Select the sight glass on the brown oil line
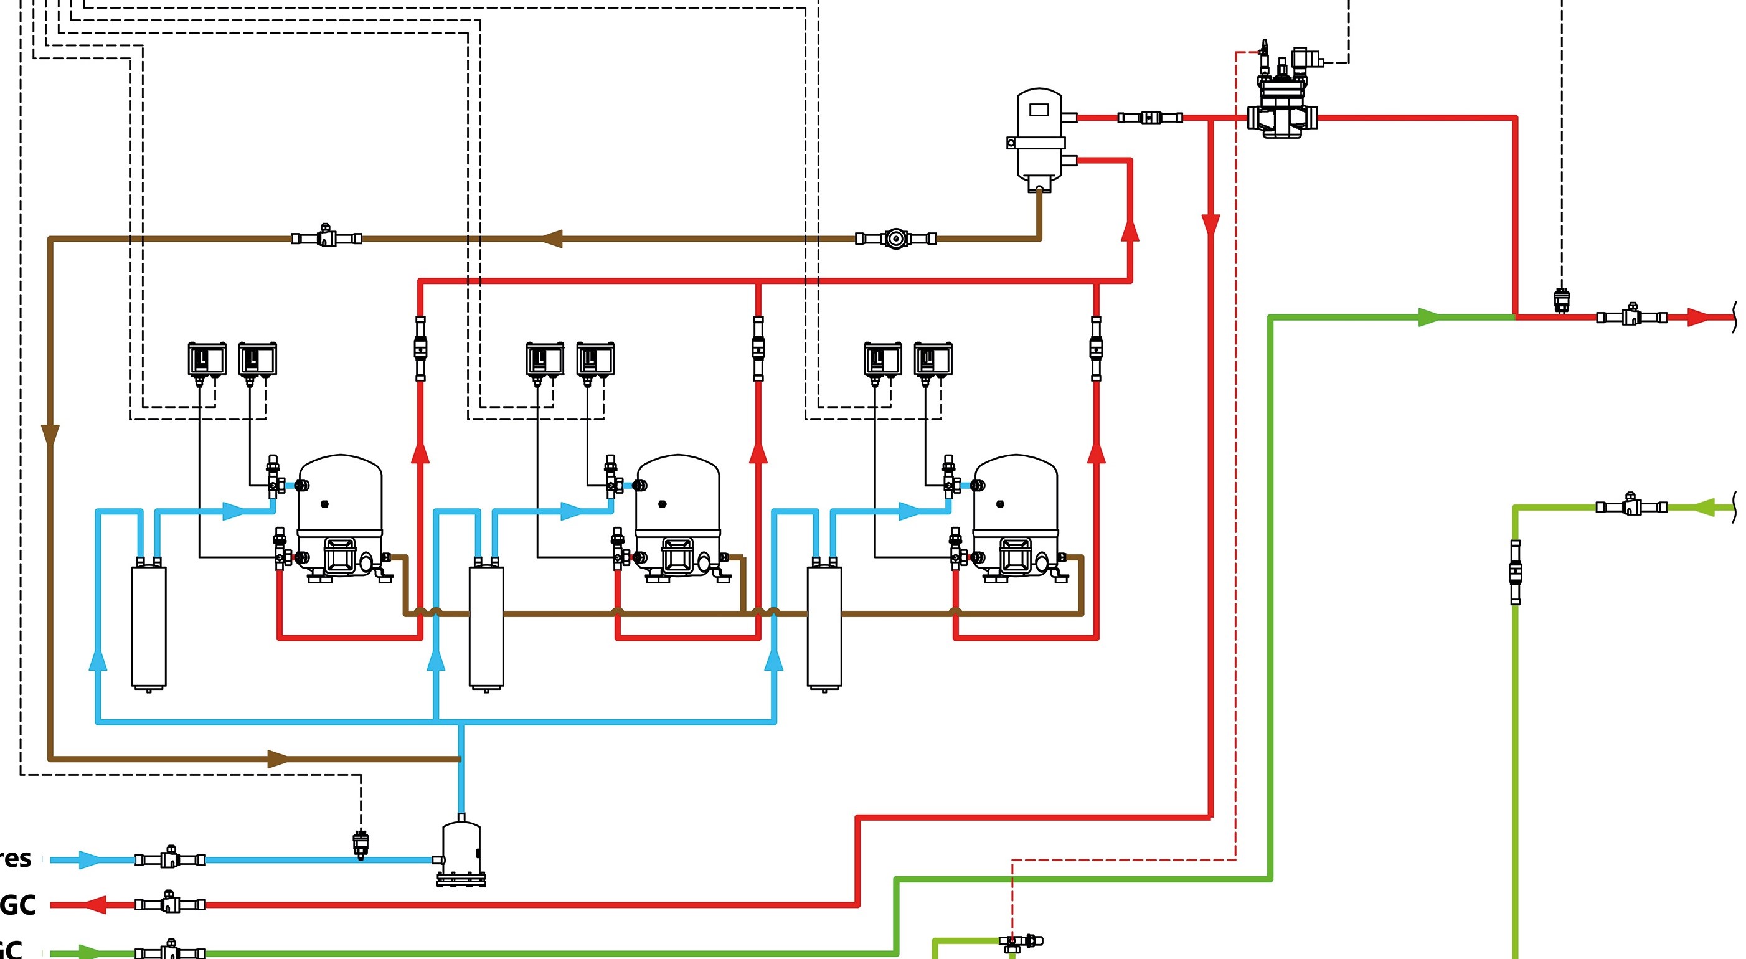pyautogui.click(x=896, y=239)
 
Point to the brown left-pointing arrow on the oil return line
pyautogui.click(x=552, y=239)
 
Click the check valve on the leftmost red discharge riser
pyautogui.click(x=420, y=348)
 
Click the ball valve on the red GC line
pyautogui.click(x=169, y=904)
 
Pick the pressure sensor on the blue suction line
pyautogui.click(x=361, y=844)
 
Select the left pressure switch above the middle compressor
pyautogui.click(x=544, y=359)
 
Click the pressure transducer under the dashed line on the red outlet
pyautogui.click(x=1562, y=300)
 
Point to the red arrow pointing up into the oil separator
pyautogui.click(x=1129, y=230)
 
